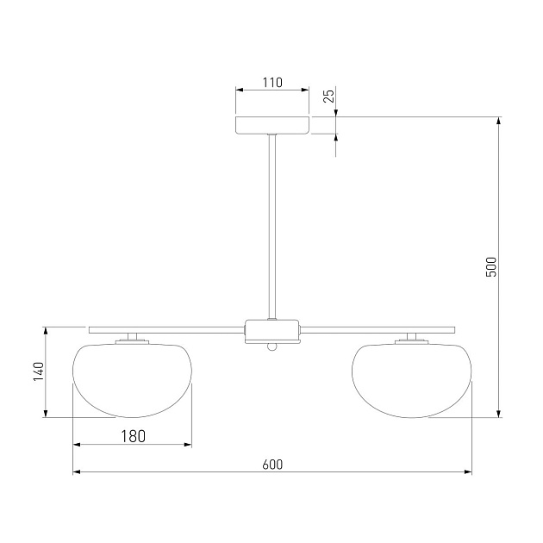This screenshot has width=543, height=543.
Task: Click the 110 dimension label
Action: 272,83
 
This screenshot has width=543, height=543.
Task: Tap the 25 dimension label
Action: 329,96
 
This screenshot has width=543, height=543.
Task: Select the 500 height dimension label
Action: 491,267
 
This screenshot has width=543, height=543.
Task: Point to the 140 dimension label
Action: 39,371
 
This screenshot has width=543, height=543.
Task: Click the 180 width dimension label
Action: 133,436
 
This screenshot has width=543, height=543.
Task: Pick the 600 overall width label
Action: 272,465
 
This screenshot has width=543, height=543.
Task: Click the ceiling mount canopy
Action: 272,125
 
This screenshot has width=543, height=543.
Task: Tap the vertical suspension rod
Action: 272,227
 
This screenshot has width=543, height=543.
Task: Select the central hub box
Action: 272,332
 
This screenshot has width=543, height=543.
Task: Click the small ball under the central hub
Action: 272,347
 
